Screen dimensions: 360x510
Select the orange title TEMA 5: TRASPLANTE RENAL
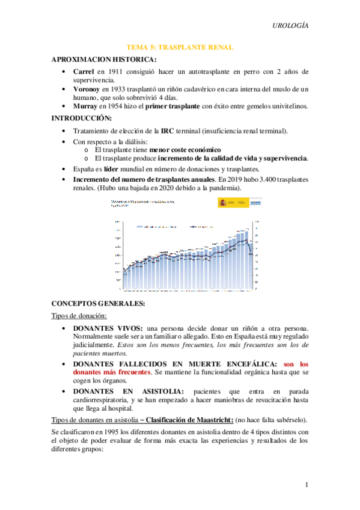(180, 47)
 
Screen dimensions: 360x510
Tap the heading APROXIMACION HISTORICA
(105, 59)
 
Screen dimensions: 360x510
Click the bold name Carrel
(84, 71)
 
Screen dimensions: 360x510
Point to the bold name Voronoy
(88, 88)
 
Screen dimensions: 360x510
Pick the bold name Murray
(85, 106)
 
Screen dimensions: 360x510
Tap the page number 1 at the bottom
(307, 485)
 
